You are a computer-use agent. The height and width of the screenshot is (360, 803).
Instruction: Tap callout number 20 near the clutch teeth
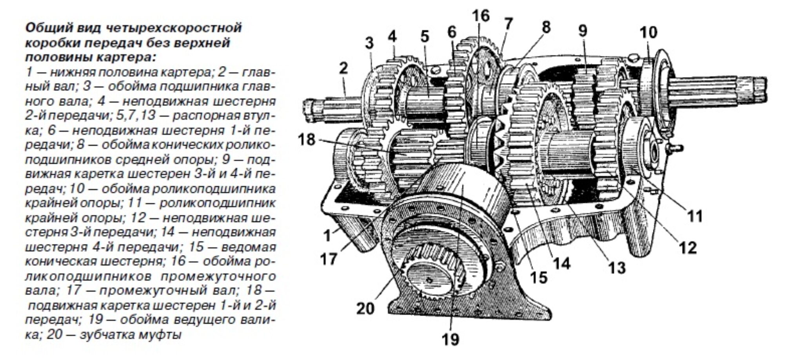pyautogui.click(x=365, y=308)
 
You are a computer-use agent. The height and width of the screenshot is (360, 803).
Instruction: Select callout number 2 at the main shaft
pyautogui.click(x=343, y=69)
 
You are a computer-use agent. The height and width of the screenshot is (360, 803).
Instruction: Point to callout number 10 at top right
pyautogui.click(x=648, y=32)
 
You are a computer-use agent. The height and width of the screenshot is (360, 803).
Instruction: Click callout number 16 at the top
pyautogui.click(x=481, y=16)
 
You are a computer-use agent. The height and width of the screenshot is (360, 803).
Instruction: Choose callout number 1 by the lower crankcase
pyautogui.click(x=327, y=236)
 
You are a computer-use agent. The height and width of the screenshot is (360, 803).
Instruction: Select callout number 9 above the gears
pyautogui.click(x=583, y=31)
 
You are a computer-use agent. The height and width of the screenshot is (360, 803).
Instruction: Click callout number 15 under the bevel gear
pyautogui.click(x=538, y=278)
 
